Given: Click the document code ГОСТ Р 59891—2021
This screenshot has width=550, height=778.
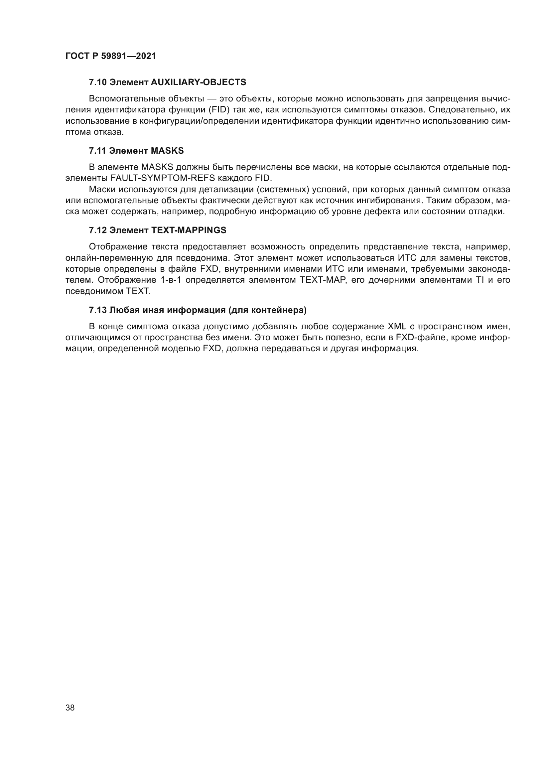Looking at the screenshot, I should tap(111, 56).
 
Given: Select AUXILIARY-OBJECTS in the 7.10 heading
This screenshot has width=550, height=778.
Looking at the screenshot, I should tap(198, 82).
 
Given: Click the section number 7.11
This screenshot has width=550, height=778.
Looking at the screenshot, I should tap(97, 151).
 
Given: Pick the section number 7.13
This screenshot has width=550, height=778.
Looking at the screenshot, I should tap(98, 310).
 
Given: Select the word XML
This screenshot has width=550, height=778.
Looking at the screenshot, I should tap(397, 327).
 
